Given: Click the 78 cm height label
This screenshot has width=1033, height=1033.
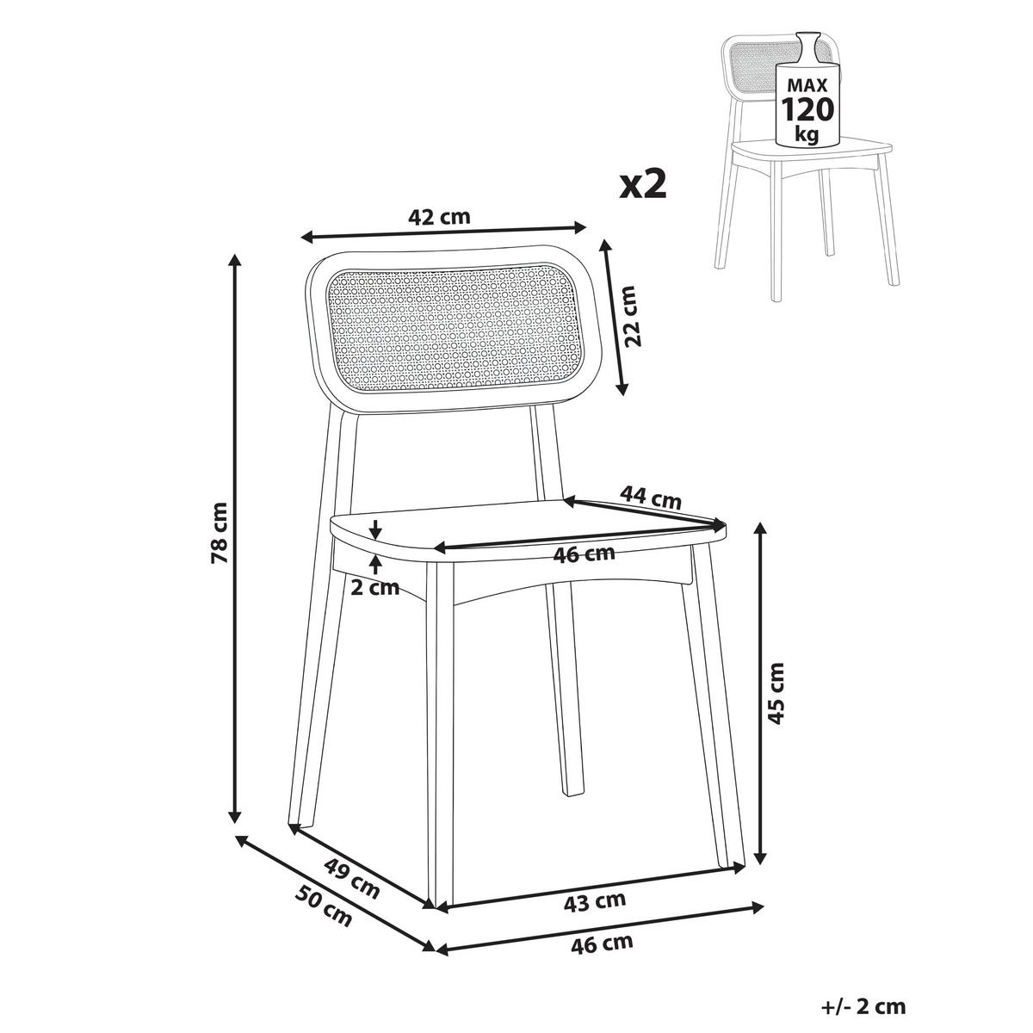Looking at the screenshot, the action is point(220,532).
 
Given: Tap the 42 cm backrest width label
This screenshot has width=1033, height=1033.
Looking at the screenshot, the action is point(438,217).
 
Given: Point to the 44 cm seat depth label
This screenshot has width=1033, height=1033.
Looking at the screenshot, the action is point(650,497).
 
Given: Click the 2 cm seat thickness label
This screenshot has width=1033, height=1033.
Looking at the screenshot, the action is point(375,588).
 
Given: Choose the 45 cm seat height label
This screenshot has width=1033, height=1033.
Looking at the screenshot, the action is point(776,693).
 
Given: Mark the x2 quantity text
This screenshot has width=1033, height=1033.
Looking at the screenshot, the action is point(643,185).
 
